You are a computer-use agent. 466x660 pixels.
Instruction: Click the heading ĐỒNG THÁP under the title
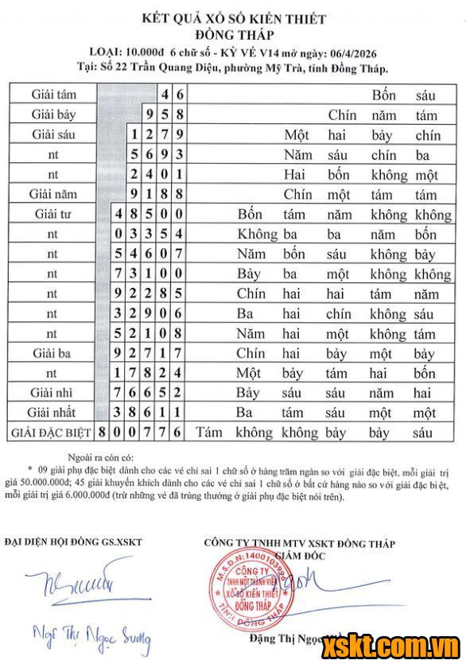point(233,34)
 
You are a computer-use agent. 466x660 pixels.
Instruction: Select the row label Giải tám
point(54,95)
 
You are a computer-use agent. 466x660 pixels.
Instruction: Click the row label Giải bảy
point(54,115)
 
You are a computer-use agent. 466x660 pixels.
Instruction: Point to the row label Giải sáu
point(54,134)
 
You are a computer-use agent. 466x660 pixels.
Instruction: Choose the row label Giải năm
point(54,194)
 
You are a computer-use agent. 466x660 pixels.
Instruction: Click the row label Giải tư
point(54,214)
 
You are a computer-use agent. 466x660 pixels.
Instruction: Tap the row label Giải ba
point(54,353)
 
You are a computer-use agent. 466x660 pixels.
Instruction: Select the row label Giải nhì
point(54,393)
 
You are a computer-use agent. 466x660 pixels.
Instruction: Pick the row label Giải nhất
point(54,413)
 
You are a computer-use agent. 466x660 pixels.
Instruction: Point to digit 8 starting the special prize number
point(103,433)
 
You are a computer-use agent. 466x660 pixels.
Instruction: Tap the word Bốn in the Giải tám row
point(384,95)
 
